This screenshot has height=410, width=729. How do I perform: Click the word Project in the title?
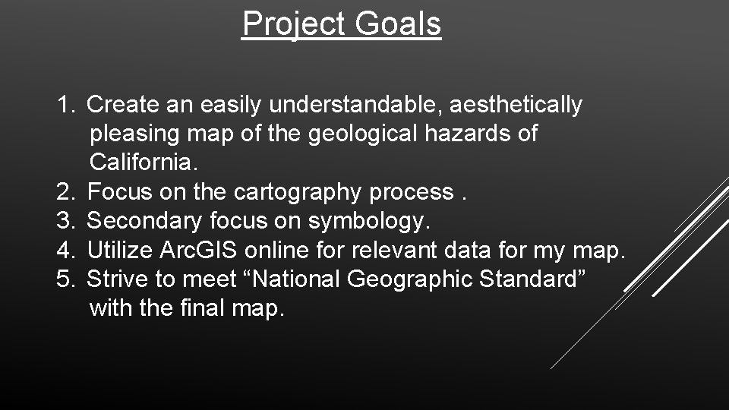(292, 24)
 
